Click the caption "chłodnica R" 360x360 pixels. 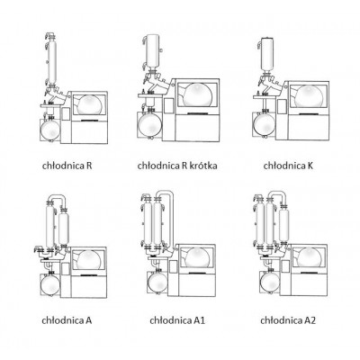(67, 166)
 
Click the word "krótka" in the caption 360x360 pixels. (203, 166)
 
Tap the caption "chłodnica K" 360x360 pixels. (288, 166)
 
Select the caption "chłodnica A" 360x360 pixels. (67, 320)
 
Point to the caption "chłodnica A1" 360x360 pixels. (177, 320)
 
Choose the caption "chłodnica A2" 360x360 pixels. (288, 320)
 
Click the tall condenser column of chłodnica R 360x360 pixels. (51, 60)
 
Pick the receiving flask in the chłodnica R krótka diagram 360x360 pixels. (150, 124)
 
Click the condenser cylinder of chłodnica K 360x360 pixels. (267, 55)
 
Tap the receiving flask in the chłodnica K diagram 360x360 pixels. (265, 124)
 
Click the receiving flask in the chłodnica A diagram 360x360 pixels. (50, 284)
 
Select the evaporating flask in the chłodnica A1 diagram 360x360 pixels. (197, 258)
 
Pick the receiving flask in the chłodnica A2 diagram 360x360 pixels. (270, 281)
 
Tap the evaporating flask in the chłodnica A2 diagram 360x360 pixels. (309, 258)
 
